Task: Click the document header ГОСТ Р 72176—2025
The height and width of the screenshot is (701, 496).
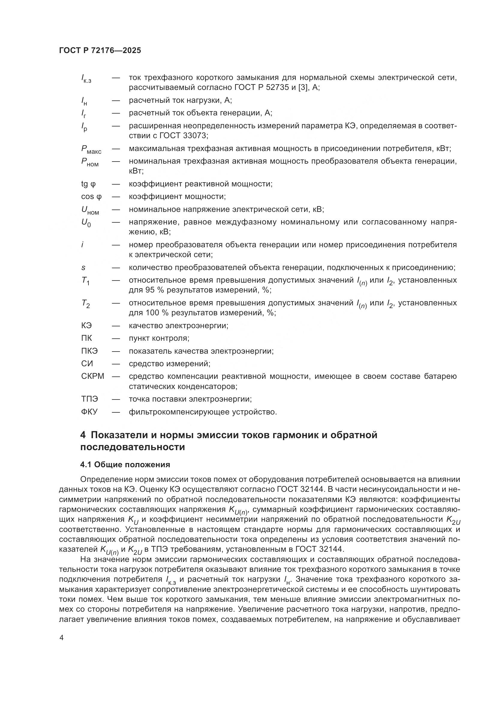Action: coord(100,51)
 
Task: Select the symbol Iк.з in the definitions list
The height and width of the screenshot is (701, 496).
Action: coord(86,79)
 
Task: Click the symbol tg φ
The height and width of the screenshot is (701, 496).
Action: coord(88,184)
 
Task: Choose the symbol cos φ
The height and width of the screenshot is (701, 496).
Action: coord(91,197)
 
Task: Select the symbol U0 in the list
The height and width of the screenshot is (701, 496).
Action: coord(86,223)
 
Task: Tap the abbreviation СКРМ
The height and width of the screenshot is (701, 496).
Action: coord(93,376)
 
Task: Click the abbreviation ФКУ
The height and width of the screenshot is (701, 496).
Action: coord(89,412)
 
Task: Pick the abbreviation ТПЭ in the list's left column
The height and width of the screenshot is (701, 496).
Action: coord(89,399)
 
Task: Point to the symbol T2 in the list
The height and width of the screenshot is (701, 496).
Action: coord(85,304)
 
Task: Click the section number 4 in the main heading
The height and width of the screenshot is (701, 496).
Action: coord(83,435)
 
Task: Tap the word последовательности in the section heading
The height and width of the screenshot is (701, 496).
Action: coord(132,447)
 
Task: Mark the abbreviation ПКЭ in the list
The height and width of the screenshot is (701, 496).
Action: coord(89,351)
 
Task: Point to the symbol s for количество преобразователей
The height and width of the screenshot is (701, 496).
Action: coord(83,268)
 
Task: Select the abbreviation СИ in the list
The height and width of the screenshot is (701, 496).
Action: coord(87,364)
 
